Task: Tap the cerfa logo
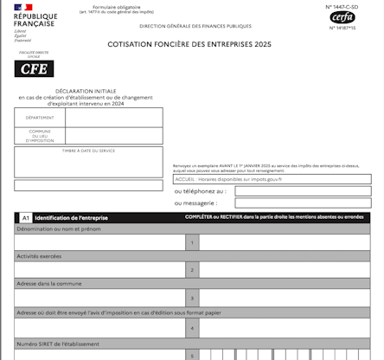(342, 16)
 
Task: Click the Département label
(39, 118)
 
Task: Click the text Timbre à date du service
(88, 151)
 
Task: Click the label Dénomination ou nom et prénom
(54, 230)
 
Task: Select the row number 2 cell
(192, 270)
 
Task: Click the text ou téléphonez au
(200, 190)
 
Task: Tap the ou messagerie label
(195, 203)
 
